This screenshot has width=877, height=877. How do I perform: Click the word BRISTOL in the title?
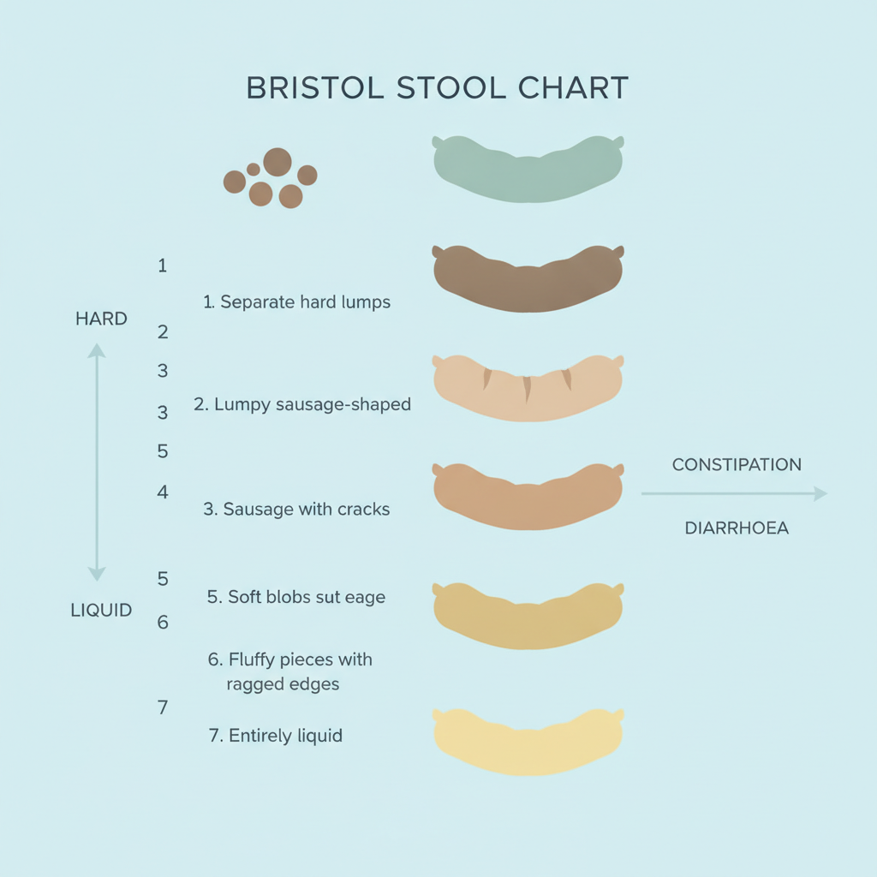click(315, 88)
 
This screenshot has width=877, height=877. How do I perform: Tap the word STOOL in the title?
click(450, 88)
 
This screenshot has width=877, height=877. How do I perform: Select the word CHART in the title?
click(573, 88)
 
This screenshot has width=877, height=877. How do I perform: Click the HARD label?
click(101, 319)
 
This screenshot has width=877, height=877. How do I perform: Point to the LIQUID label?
click(101, 610)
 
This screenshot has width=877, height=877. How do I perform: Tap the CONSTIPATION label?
click(737, 465)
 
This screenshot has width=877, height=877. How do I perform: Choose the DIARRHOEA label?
click(737, 528)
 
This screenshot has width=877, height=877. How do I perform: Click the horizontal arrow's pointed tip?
click(827, 494)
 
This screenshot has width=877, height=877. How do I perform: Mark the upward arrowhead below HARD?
click(97, 350)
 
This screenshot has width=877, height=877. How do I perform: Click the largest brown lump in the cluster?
click(277, 162)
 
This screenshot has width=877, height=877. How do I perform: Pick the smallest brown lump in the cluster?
click(254, 170)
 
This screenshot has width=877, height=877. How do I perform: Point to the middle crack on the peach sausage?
click(527, 390)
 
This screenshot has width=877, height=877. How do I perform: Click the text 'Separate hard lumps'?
click(306, 302)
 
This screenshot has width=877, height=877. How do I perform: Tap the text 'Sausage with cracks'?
click(307, 509)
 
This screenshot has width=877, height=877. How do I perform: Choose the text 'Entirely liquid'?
click(285, 736)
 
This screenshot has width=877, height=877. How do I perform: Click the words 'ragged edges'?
click(283, 684)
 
